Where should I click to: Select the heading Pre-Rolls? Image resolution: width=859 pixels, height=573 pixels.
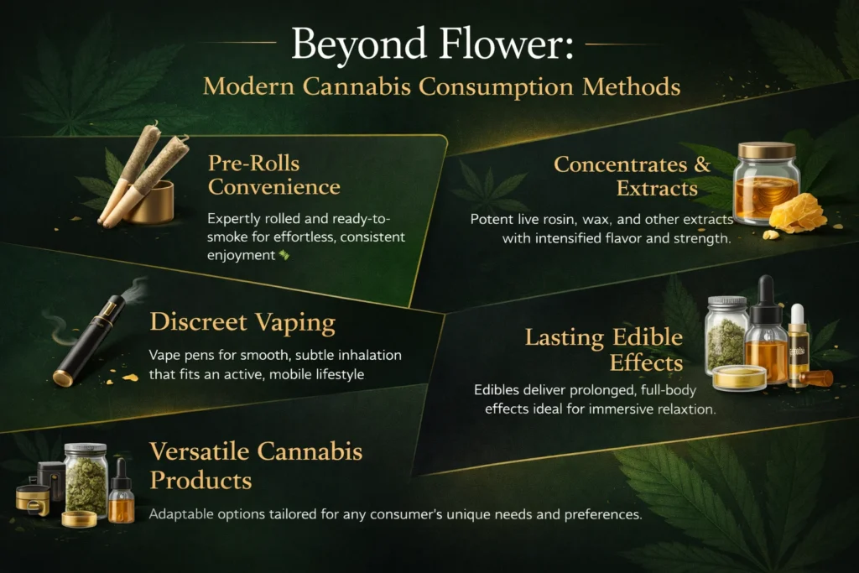point(253,164)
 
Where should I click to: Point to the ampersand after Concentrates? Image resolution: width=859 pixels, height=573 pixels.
point(702,164)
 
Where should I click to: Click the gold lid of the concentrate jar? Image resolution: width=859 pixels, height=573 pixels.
point(767,151)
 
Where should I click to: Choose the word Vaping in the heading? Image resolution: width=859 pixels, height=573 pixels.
point(295,323)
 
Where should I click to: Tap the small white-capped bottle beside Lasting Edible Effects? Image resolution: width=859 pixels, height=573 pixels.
point(798,346)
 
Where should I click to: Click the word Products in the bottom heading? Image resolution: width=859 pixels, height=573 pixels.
point(201,481)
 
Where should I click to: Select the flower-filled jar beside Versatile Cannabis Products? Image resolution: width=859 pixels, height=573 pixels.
point(86,479)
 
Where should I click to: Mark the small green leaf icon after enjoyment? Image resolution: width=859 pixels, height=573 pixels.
point(284,255)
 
